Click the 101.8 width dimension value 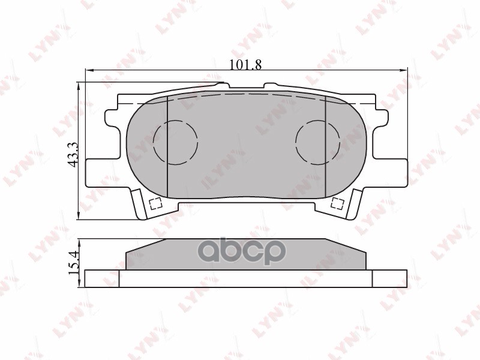click(x=246, y=64)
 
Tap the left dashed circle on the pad click(x=175, y=142)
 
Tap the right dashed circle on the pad click(x=317, y=142)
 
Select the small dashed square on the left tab click(x=155, y=204)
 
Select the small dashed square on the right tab click(x=338, y=204)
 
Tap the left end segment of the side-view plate click(x=102, y=278)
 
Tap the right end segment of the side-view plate click(x=389, y=278)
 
